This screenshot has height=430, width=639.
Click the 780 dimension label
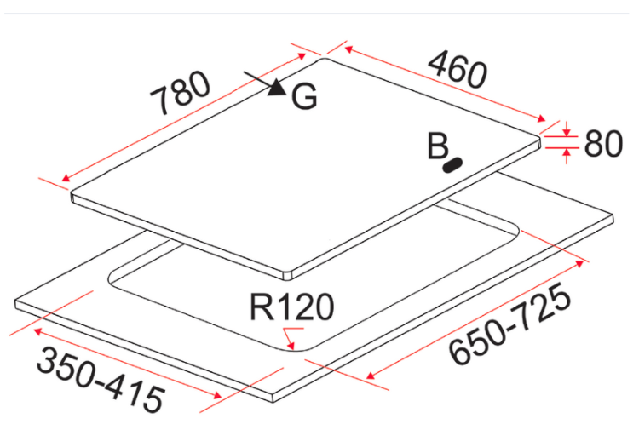(180, 94)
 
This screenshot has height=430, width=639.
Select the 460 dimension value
(458, 70)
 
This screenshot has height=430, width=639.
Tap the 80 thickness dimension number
(603, 144)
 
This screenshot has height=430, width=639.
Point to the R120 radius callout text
(291, 307)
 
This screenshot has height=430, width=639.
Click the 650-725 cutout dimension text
(509, 324)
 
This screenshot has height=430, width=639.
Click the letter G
(304, 96)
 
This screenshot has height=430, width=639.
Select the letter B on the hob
(438, 146)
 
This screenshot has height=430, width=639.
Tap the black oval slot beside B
(452, 165)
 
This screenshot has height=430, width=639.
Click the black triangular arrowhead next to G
(277, 87)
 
